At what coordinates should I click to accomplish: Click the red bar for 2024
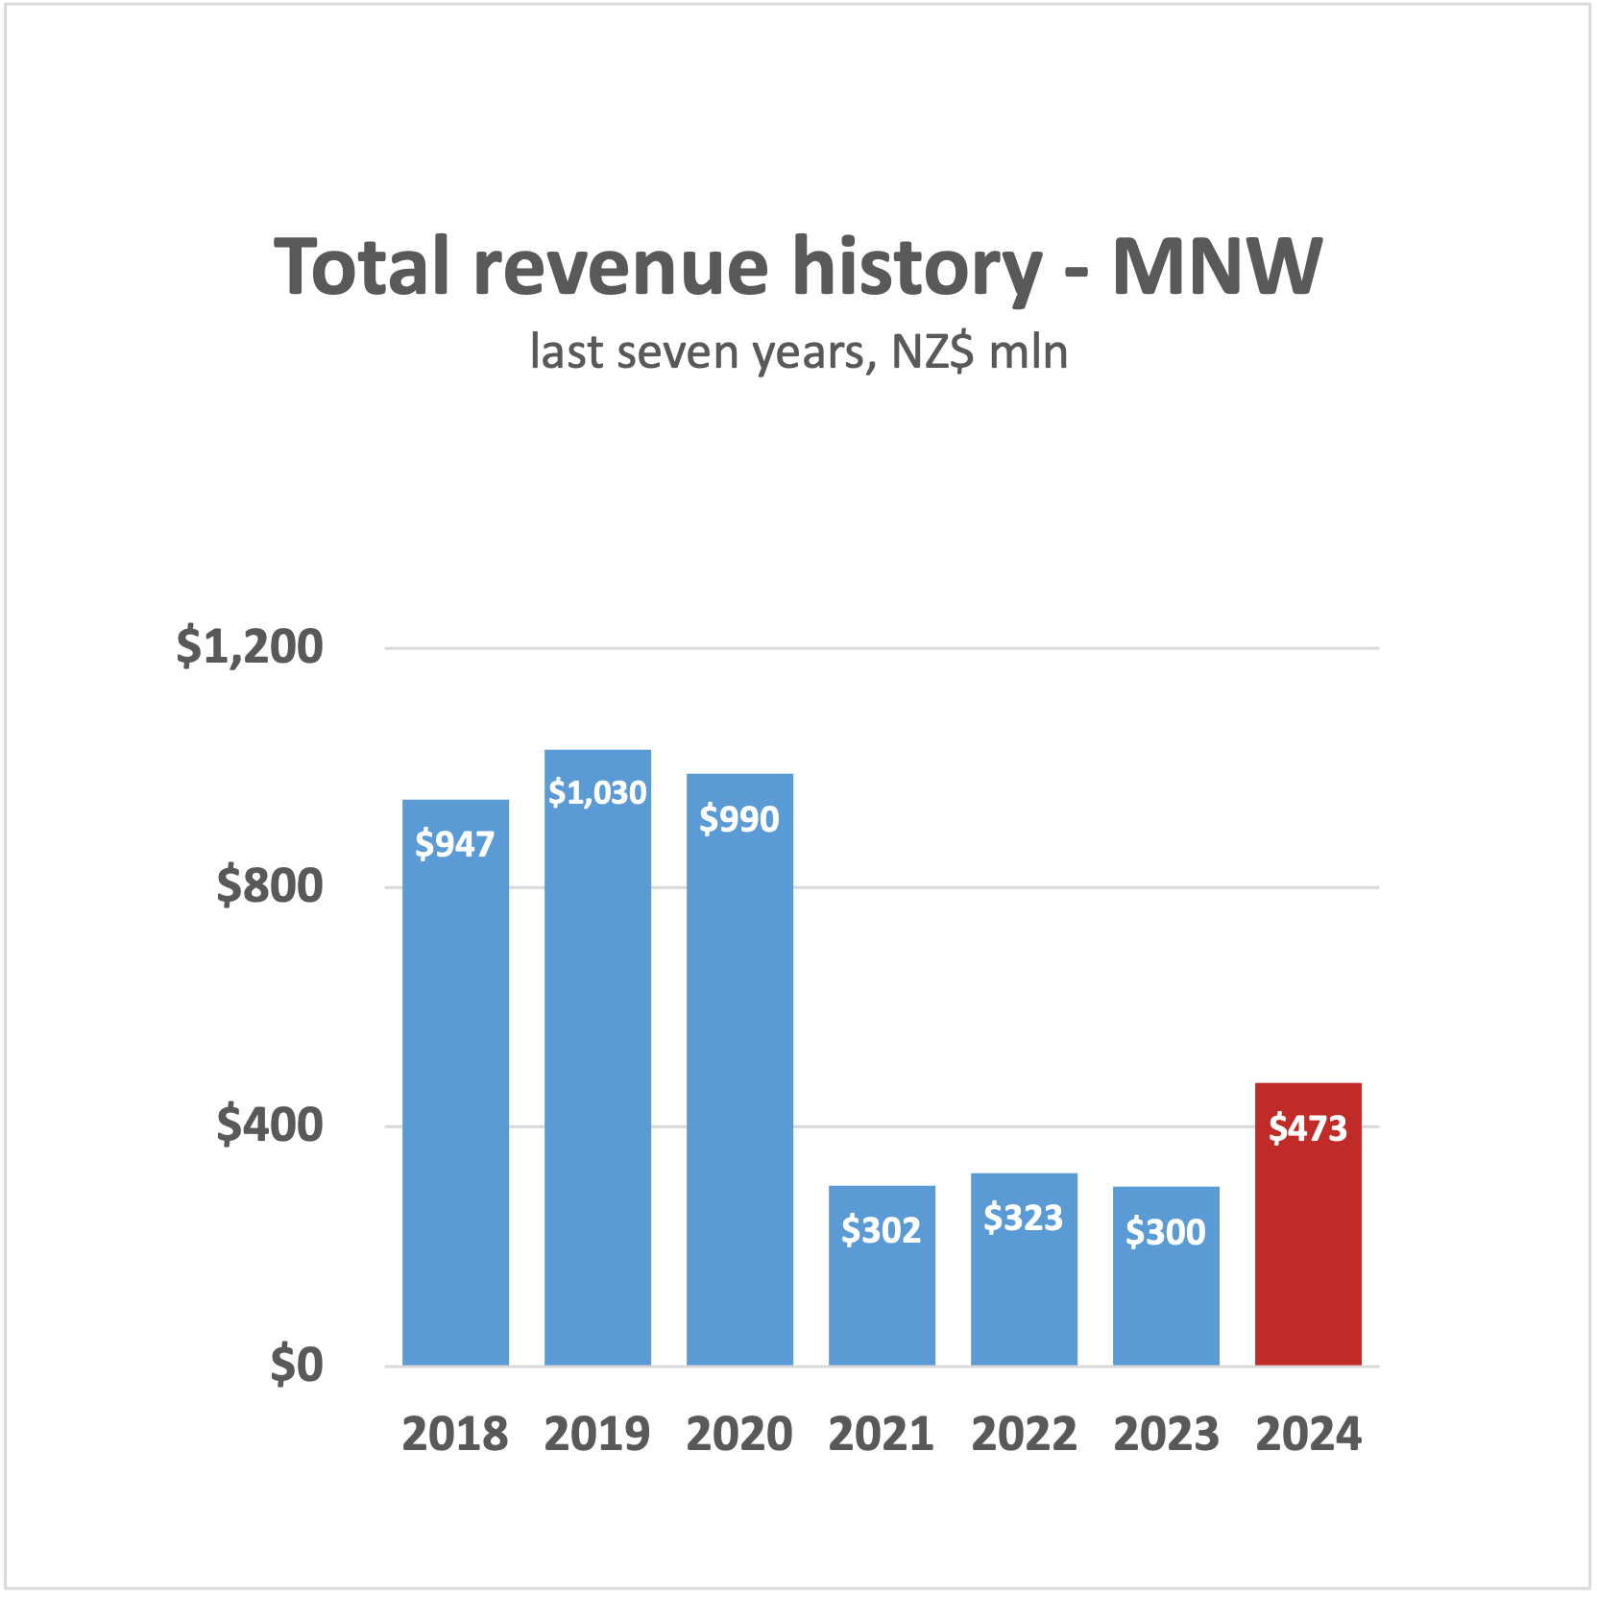(x=1308, y=1248)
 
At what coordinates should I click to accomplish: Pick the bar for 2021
(x=882, y=1296)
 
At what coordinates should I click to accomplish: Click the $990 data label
(x=739, y=819)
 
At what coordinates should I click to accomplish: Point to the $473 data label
(x=1308, y=1128)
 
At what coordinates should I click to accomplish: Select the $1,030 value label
(x=597, y=792)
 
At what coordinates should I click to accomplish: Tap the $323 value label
(x=1024, y=1218)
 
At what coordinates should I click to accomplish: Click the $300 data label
(x=1166, y=1232)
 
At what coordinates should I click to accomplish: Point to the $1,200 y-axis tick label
(x=250, y=646)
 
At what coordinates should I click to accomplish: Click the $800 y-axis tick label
(x=270, y=885)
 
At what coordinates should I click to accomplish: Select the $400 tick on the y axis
(x=270, y=1125)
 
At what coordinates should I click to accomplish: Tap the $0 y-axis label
(x=296, y=1364)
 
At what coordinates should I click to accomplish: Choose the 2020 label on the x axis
(x=739, y=1435)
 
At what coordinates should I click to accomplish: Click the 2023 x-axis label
(x=1166, y=1435)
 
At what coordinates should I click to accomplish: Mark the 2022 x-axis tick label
(x=1024, y=1435)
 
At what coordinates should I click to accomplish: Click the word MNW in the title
(x=1217, y=267)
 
